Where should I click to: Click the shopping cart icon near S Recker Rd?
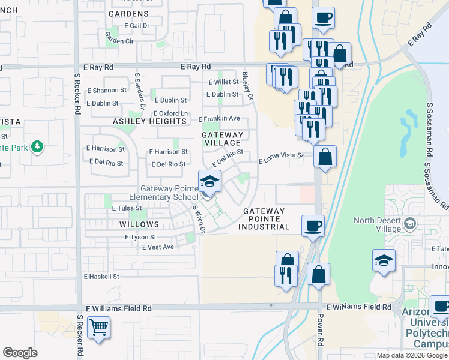point(99,328)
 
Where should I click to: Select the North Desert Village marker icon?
point(410,224)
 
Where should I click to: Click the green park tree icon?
point(37,146)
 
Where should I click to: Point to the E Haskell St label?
point(102,277)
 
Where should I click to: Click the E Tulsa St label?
point(127,208)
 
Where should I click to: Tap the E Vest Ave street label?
point(158,247)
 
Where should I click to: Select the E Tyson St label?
point(140,238)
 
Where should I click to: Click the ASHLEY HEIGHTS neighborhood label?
point(150,121)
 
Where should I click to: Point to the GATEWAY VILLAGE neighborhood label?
point(223,139)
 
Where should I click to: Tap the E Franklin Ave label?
point(219,119)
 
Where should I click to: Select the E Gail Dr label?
point(136,26)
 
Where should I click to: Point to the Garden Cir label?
point(119,41)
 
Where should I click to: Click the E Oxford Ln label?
point(171,113)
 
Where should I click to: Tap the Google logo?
point(20,353)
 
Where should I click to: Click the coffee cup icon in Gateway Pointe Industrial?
point(312,226)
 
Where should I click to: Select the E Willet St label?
point(223,82)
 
